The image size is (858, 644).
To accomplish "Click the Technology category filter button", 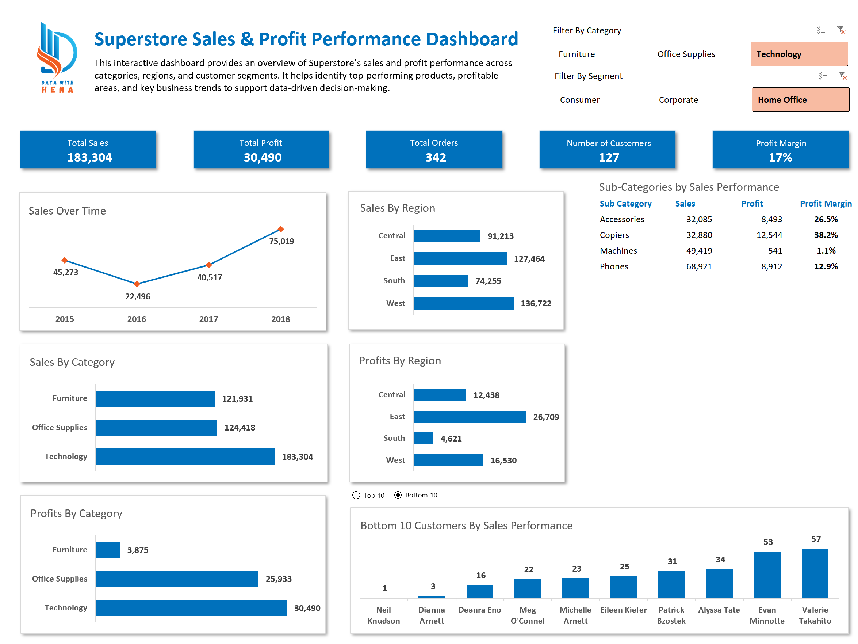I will coord(798,54).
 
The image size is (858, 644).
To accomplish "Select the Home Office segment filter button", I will coord(800,100).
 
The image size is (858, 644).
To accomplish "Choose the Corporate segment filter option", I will coord(678,100).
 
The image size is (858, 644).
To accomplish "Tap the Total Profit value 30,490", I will coord(263,157).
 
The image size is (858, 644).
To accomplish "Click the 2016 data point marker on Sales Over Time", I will coord(137,284).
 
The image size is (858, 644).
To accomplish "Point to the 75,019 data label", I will coord(281,241).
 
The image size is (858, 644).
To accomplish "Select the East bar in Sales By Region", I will coord(460,258).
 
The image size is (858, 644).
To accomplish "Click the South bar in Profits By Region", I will coord(423,438).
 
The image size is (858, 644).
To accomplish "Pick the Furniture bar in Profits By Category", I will coord(108,550).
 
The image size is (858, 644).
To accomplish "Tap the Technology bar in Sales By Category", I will coord(185,457).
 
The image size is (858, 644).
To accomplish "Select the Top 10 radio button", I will coord(356,495).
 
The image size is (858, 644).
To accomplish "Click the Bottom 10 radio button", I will coord(398,495).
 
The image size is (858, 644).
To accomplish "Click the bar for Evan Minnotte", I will coord(767,575).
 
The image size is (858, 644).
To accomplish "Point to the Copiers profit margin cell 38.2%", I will coord(826,235).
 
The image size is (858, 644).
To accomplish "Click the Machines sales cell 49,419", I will coord(699,251).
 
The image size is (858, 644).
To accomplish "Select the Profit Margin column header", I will coord(826,204).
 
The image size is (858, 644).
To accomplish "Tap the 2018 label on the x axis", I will coord(280,319).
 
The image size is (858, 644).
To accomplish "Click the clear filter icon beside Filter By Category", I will coord(840,30).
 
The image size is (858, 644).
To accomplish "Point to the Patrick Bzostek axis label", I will coord(671,615).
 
